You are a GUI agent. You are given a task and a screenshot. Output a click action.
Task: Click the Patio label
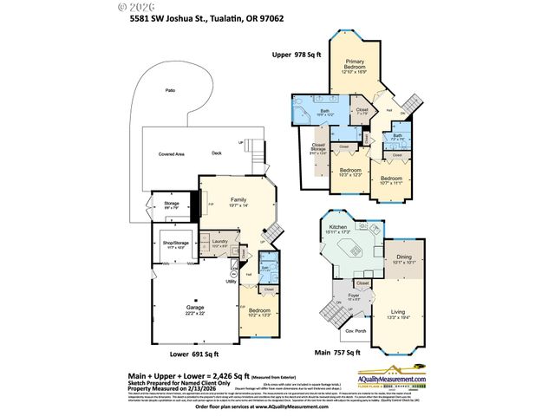[171, 90]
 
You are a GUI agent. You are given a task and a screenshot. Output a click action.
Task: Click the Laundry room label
[219, 243]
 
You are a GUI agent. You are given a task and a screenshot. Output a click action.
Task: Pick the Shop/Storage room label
[173, 243]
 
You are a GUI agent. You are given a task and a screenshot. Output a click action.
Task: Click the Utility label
[232, 281]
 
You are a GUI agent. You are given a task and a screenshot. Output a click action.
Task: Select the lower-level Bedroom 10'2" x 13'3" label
[260, 312]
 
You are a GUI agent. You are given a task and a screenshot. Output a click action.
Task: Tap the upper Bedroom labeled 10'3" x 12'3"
[351, 173]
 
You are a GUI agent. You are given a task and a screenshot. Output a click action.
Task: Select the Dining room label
[404, 260]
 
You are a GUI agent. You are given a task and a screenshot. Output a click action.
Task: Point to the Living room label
[400, 314]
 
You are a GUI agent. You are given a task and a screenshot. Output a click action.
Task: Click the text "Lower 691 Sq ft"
[194, 354]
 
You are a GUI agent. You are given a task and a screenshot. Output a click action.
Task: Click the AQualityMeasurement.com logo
[418, 379]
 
